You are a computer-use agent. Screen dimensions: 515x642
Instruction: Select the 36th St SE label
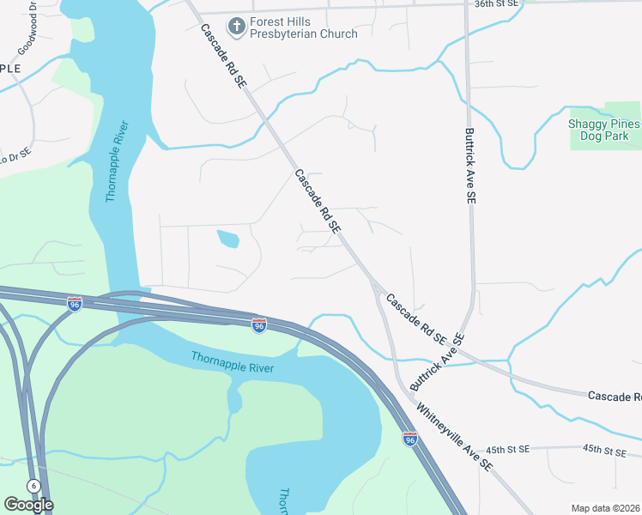(x=497, y=4)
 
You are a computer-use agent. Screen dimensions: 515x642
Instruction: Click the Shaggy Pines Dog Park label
(x=604, y=130)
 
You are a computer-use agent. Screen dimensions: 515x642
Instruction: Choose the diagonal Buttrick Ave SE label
(x=437, y=363)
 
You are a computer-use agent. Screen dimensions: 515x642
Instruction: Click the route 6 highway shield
(x=33, y=486)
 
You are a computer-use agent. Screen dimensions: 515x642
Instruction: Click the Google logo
(x=28, y=505)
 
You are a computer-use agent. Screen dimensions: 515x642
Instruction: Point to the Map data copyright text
(x=606, y=508)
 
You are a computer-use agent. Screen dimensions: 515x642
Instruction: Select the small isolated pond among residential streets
(x=228, y=239)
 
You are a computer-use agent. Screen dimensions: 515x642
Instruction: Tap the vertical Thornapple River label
(x=118, y=162)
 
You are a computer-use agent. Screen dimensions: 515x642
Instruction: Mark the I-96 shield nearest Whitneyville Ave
(x=410, y=439)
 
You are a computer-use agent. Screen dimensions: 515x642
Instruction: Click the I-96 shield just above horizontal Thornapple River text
(x=259, y=324)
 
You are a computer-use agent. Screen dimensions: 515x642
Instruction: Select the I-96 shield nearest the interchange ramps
(x=75, y=303)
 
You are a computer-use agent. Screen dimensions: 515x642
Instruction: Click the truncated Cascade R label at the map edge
(x=615, y=396)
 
